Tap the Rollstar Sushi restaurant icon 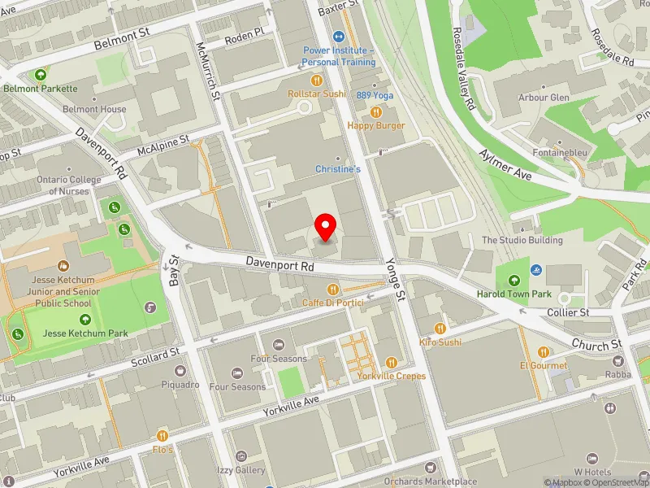point(317,81)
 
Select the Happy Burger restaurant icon point(375,112)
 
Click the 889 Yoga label point(375,95)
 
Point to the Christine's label point(338,169)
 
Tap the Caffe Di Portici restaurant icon point(331,290)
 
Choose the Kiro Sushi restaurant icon point(440,329)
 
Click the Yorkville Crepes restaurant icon point(391,363)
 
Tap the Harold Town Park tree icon point(513,281)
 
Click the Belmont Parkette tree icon point(39,76)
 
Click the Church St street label point(595,346)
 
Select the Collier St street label point(568,312)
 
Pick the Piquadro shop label point(180,385)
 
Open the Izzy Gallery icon point(240,457)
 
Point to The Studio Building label point(522,240)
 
